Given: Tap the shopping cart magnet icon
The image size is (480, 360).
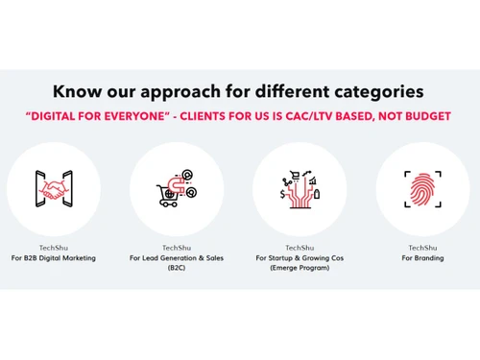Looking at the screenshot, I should tap(177, 186).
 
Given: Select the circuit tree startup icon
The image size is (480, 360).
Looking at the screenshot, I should tap(300, 186).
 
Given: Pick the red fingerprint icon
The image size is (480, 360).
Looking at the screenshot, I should tap(422, 186).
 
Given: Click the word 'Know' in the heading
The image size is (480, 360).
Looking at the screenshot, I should tap(76, 92).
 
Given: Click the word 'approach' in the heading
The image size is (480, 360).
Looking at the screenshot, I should tap(185, 92).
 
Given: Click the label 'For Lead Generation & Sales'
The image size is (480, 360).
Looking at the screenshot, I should tap(177, 258).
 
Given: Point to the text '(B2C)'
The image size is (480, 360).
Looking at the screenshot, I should tap(177, 269).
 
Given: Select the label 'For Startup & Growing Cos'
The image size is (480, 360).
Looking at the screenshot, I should tap(300, 258).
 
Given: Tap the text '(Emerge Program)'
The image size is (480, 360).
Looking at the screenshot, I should tap(300, 269).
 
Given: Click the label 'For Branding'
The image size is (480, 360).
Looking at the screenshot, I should tap(422, 258).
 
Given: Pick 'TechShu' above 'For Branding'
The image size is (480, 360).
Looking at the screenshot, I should tap(422, 248).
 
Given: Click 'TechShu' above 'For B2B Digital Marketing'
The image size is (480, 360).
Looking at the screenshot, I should tap(54, 248).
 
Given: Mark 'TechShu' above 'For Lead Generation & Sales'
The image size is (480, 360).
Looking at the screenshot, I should tap(177, 248).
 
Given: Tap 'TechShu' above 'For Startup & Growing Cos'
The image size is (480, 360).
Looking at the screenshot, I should tap(300, 248).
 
